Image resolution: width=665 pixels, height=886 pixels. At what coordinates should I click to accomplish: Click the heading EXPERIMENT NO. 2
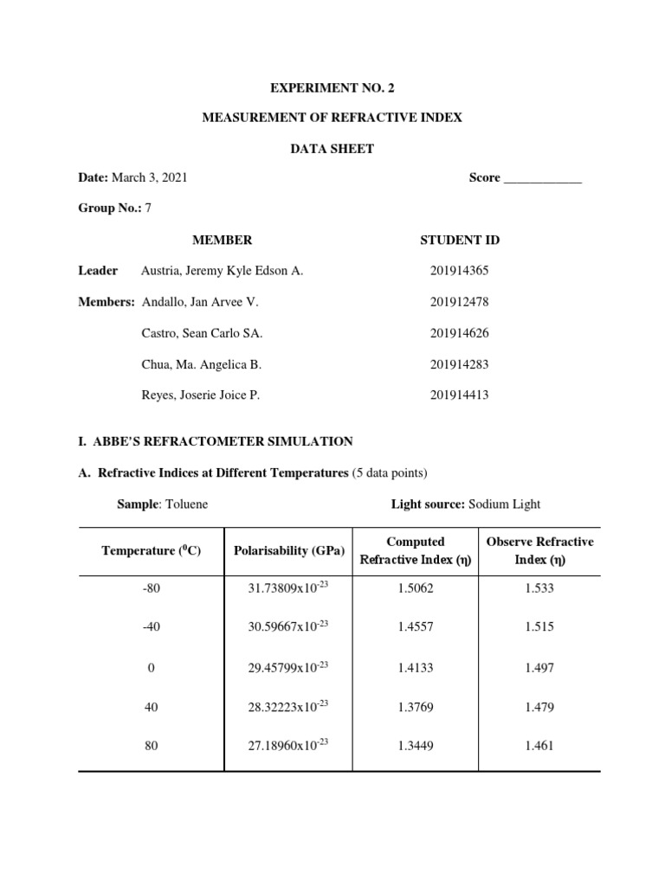click(x=332, y=88)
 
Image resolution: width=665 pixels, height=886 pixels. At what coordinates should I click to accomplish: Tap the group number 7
click(x=148, y=209)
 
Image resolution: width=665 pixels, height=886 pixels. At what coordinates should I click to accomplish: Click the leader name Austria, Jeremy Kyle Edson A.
click(x=222, y=271)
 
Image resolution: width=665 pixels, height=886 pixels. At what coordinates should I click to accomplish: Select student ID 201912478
click(x=459, y=302)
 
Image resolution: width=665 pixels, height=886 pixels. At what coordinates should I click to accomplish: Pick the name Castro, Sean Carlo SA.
click(x=202, y=333)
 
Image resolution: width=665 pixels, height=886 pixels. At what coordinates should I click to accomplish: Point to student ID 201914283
click(x=459, y=364)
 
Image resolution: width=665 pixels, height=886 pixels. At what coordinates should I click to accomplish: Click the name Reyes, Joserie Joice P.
click(x=200, y=395)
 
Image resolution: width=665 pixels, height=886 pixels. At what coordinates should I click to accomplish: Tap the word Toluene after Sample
click(x=188, y=504)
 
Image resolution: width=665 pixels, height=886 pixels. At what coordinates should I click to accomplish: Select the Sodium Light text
click(x=504, y=504)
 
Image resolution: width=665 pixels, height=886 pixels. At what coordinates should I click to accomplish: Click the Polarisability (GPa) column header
click(x=288, y=550)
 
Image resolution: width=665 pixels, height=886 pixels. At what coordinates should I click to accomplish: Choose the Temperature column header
click(x=152, y=550)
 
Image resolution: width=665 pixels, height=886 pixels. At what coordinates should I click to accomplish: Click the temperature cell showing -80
click(x=152, y=588)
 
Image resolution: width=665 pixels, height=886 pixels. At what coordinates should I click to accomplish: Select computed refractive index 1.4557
click(x=416, y=627)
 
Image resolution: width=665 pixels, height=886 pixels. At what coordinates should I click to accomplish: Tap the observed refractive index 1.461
click(x=539, y=746)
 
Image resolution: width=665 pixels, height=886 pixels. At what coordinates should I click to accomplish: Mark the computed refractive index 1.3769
click(x=416, y=707)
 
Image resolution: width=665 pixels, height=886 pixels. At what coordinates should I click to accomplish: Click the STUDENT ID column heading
click(x=459, y=240)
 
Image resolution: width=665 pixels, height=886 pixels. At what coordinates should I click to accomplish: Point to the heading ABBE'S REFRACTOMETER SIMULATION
click(x=221, y=441)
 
